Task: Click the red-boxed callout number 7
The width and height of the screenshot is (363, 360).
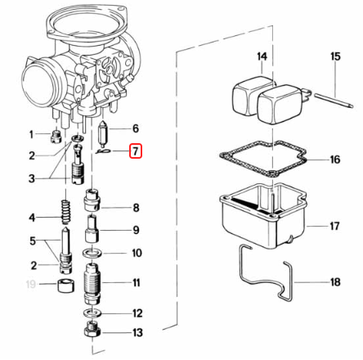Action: [x=136, y=151]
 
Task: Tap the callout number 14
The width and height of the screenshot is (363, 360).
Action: [x=262, y=56]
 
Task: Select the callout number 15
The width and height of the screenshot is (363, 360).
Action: [x=335, y=56]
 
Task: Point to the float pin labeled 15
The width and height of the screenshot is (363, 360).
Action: [x=334, y=101]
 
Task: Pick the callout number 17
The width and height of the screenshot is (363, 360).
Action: [x=335, y=226]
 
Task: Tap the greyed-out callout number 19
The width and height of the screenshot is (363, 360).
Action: [x=31, y=284]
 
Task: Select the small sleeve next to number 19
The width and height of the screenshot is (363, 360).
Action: [x=65, y=286]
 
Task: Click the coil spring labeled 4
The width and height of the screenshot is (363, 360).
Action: [x=65, y=212]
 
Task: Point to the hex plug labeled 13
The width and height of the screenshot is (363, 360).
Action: [x=92, y=331]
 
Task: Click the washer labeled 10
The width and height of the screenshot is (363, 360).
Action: [x=92, y=253]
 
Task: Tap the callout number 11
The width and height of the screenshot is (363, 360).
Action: [x=137, y=282]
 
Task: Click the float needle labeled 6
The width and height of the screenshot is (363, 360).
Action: [x=103, y=133]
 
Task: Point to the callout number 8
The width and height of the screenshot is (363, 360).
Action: [x=136, y=208]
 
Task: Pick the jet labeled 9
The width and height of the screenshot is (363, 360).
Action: [x=92, y=228]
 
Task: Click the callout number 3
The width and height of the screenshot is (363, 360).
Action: [x=32, y=178]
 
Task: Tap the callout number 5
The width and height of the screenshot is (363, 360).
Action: [x=33, y=241]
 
